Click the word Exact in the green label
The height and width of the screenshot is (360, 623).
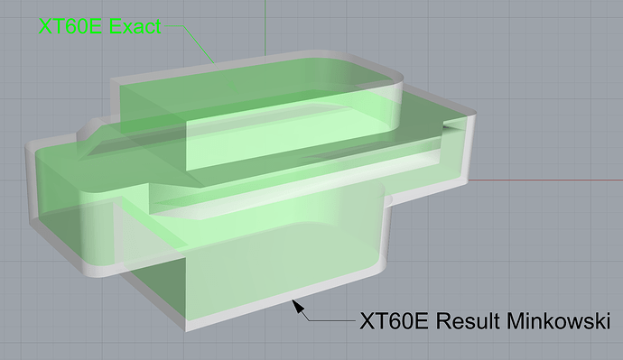(x=135, y=26)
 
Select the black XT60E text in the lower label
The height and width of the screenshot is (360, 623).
(x=394, y=320)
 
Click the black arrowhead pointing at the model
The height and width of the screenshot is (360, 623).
(x=299, y=307)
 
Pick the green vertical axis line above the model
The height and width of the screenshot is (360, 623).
(x=265, y=28)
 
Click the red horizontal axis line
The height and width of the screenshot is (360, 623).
(x=545, y=180)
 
